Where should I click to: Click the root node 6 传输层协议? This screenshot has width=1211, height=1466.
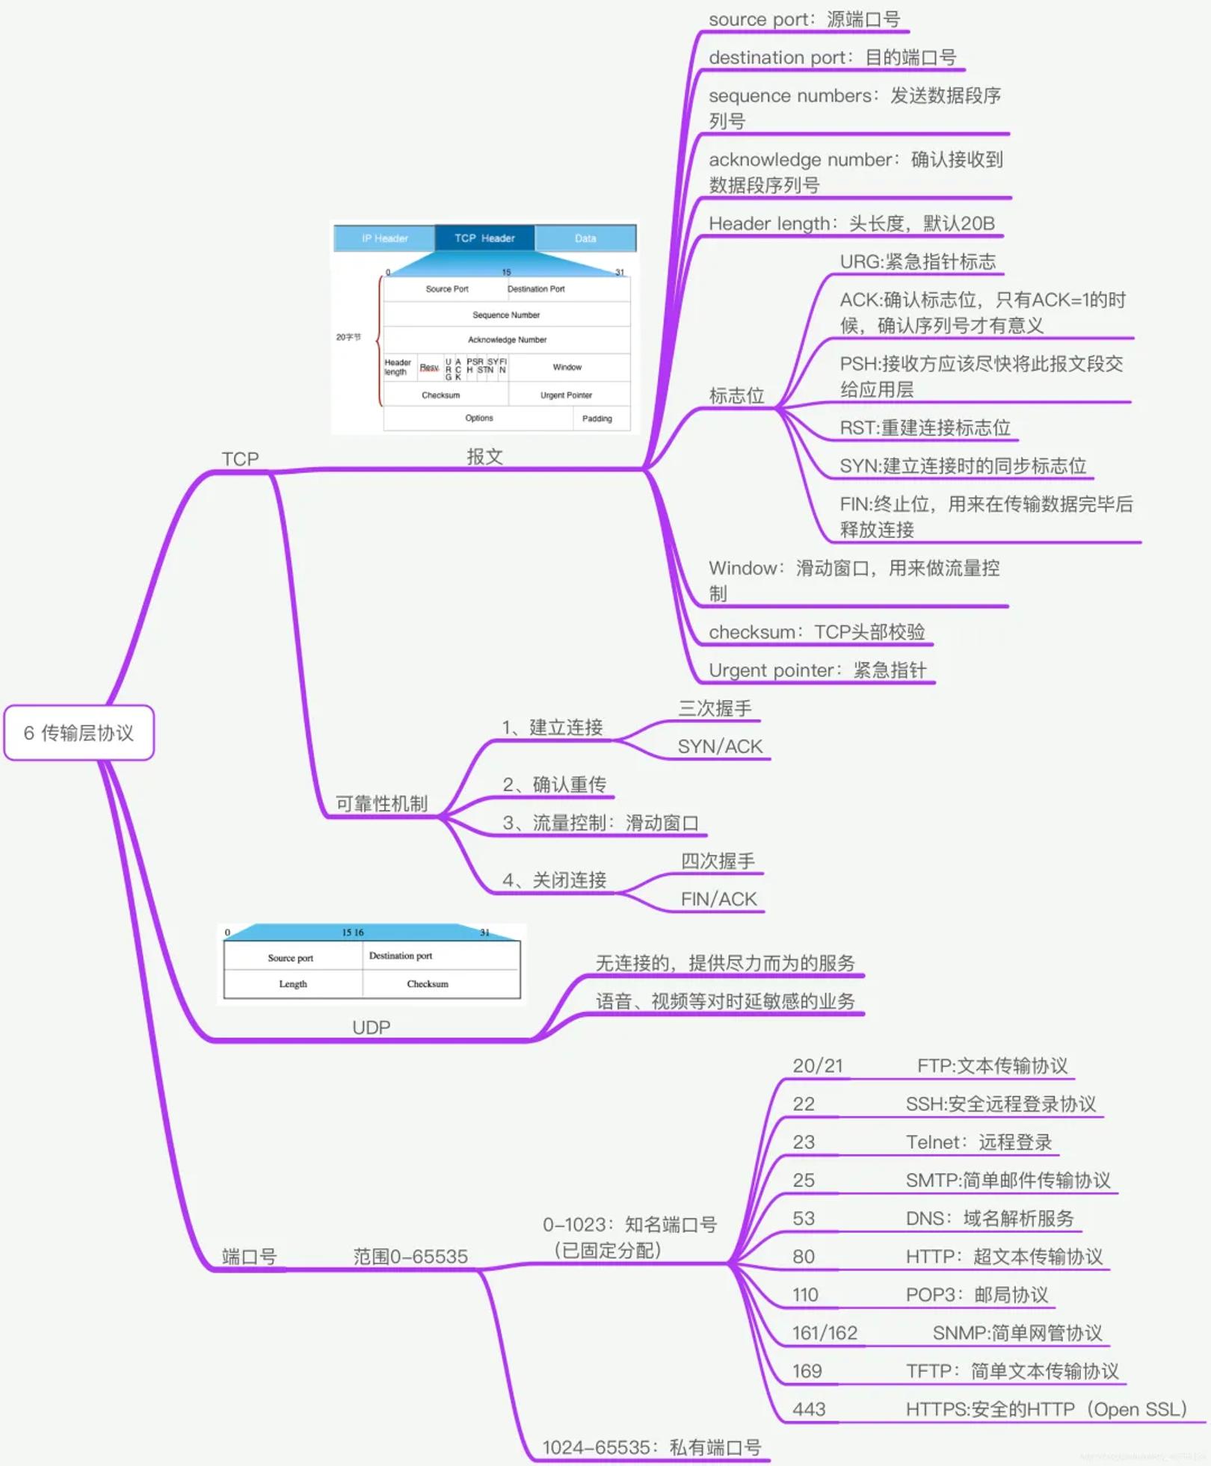click(78, 733)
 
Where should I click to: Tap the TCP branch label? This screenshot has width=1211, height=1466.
click(240, 459)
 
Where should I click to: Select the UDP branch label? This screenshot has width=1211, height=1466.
click(371, 1027)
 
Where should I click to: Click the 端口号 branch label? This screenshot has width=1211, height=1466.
click(249, 1257)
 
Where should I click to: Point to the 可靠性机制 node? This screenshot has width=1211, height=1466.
click(381, 803)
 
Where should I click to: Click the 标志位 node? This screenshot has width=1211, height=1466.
click(736, 395)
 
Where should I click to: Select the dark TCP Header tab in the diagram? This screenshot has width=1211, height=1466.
click(484, 238)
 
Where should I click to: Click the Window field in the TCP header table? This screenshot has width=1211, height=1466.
click(567, 367)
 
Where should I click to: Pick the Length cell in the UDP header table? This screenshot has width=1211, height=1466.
click(293, 984)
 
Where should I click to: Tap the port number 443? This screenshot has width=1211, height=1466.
click(809, 1409)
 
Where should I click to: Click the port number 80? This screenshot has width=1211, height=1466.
click(804, 1257)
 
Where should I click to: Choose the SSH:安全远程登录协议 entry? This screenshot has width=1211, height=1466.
click(1000, 1104)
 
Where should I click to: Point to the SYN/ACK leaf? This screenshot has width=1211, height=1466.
click(720, 746)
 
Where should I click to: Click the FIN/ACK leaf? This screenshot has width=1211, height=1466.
click(718, 899)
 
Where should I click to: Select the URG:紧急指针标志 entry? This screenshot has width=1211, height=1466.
click(917, 262)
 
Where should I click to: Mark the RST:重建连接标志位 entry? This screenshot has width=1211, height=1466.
click(925, 427)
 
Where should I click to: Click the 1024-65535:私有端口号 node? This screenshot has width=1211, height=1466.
click(651, 1447)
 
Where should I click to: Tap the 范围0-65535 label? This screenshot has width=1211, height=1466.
click(410, 1257)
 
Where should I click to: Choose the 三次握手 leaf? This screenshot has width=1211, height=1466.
click(715, 708)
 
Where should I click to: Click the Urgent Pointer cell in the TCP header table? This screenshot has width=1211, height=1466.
click(566, 395)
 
